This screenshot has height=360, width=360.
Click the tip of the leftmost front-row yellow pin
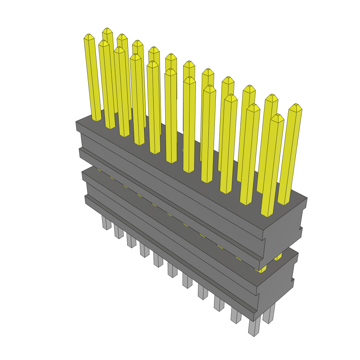tap(89, 37)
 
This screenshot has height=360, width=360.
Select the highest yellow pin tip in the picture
tap(107, 30)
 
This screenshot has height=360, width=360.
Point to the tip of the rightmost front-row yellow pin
tap(277, 117)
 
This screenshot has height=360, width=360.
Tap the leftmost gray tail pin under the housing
tap(106, 223)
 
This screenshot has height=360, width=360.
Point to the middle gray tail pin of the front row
tap(172, 270)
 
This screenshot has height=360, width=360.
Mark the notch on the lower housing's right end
tap(292, 280)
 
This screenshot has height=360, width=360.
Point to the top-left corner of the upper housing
tap(76, 122)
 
